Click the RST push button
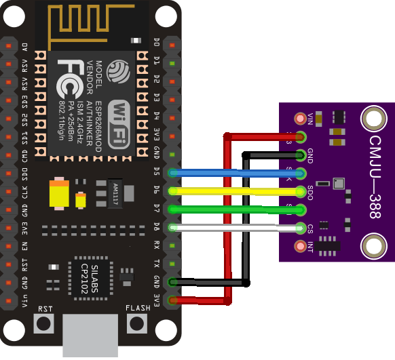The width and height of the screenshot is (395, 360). pos(45,323)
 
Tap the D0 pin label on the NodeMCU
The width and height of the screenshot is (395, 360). pos(157,45)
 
